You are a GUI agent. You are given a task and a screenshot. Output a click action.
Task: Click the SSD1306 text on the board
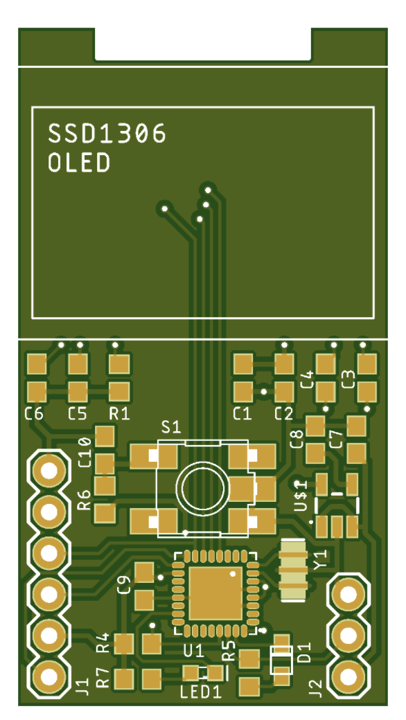pos(107,134)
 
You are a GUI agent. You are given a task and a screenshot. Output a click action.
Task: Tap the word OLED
pos(79,163)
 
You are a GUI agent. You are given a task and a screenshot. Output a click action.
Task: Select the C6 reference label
pos(34,414)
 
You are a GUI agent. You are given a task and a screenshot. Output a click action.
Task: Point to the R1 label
pos(119,414)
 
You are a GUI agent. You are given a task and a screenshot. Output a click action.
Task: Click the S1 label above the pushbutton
pos(171,428)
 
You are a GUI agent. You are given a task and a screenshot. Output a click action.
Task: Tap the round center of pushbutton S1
pos(202,488)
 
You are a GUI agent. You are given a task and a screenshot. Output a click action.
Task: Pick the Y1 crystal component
pos(294,570)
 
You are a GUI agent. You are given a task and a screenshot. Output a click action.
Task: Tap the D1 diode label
pos(305,652)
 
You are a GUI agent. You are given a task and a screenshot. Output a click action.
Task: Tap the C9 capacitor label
pos(125,584)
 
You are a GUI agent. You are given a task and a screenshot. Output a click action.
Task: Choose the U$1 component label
pos(301,496)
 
